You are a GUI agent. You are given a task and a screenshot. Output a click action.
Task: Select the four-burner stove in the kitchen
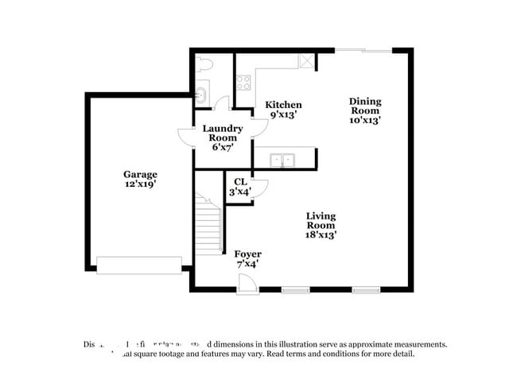point(243,82)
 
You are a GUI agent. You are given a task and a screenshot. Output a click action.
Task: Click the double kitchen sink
point(282,160)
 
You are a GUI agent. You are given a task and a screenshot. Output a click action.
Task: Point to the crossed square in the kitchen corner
point(306,61)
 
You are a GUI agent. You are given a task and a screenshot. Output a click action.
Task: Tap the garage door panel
point(139,265)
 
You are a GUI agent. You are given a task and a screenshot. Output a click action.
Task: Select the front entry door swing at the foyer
point(248,283)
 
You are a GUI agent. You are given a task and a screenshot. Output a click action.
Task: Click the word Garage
point(140,174)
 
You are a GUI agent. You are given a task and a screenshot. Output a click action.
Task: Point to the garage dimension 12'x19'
point(140,184)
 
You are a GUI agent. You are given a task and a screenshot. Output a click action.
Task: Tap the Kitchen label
point(283,104)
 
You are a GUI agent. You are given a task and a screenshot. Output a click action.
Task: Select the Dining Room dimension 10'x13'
point(365,121)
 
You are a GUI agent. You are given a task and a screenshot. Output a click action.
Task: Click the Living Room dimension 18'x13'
point(321,235)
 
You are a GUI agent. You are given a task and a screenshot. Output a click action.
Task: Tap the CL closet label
point(240,181)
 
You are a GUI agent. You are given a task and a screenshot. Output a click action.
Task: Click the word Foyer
point(247,254)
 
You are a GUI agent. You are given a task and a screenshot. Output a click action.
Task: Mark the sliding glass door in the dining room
point(363,51)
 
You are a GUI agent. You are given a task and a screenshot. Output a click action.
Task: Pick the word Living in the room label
point(321,215)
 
